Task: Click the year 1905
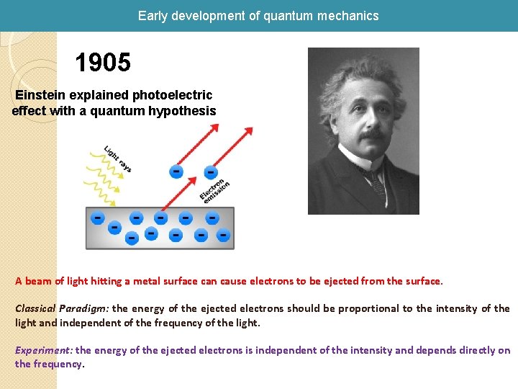point(103,63)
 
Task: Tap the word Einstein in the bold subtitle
point(42,95)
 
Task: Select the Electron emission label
point(214,189)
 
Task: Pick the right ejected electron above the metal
point(210,173)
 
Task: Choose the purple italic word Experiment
point(44,350)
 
